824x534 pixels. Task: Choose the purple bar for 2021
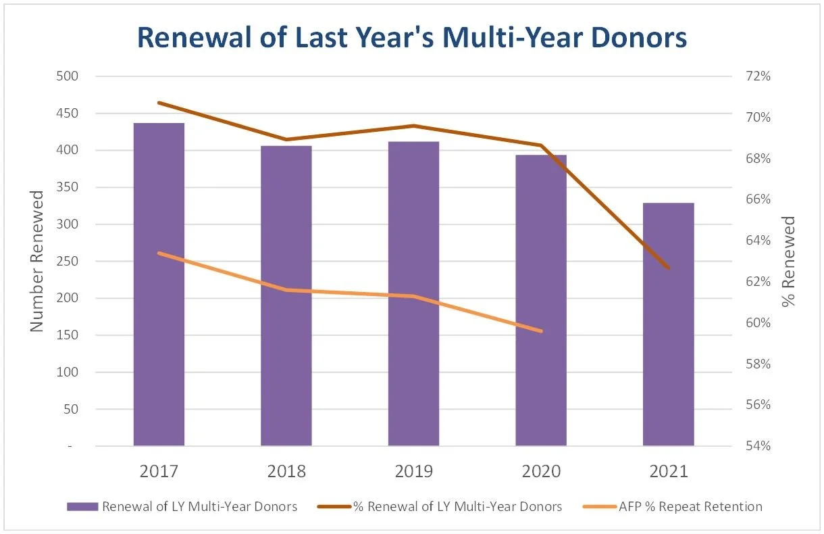[x=668, y=324]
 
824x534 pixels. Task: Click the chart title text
[x=411, y=38]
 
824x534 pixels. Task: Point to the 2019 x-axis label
[x=413, y=471]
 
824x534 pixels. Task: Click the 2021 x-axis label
[x=668, y=471]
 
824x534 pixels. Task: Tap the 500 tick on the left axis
[x=66, y=76]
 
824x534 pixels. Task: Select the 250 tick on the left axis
[x=66, y=262]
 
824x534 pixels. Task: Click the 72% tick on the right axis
[x=758, y=76]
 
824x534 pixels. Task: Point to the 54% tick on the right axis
[x=758, y=446]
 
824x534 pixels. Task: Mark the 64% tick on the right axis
[x=758, y=241]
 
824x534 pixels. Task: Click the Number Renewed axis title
[x=36, y=261]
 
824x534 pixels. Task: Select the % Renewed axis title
[x=788, y=261]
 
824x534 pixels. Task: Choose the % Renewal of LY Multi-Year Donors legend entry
[x=457, y=506]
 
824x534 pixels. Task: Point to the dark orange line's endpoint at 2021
[x=668, y=268]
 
